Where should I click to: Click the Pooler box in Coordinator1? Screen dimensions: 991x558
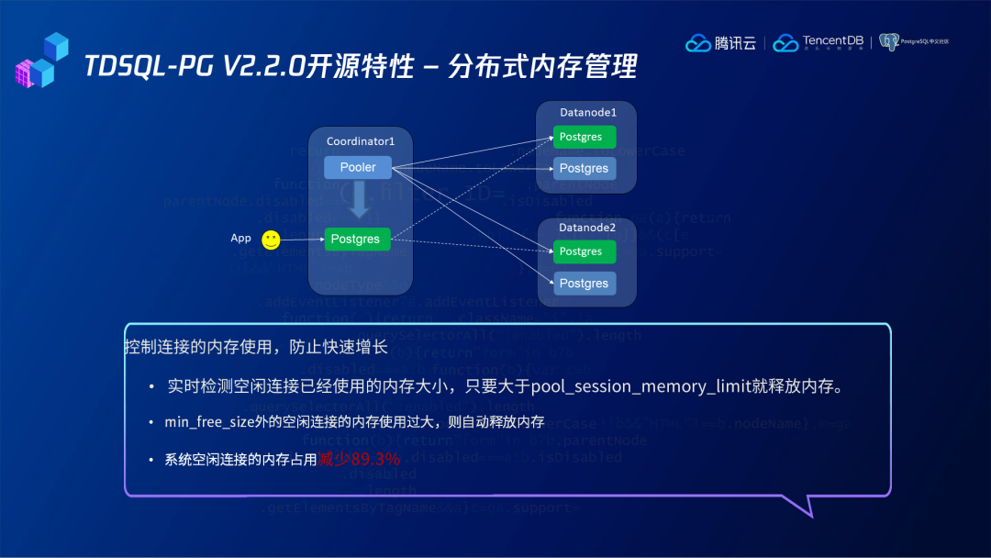coord(358,167)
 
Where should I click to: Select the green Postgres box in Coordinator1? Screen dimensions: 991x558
coord(357,239)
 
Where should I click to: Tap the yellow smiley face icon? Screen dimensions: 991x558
coord(271,240)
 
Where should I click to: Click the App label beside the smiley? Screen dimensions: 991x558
coord(240,239)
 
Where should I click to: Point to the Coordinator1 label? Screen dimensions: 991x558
coord(361,141)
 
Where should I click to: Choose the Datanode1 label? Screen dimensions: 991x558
coord(588,112)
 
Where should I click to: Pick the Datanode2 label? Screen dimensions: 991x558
coord(588,227)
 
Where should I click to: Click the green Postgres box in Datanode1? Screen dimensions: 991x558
coord(585,137)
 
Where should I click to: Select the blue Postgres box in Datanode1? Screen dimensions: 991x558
coord(585,168)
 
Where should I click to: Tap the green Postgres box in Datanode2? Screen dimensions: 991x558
coord(585,251)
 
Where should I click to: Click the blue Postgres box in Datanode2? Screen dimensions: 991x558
coord(585,284)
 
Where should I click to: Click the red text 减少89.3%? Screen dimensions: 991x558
coord(359,459)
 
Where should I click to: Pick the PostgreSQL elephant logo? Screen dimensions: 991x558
coord(888,42)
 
